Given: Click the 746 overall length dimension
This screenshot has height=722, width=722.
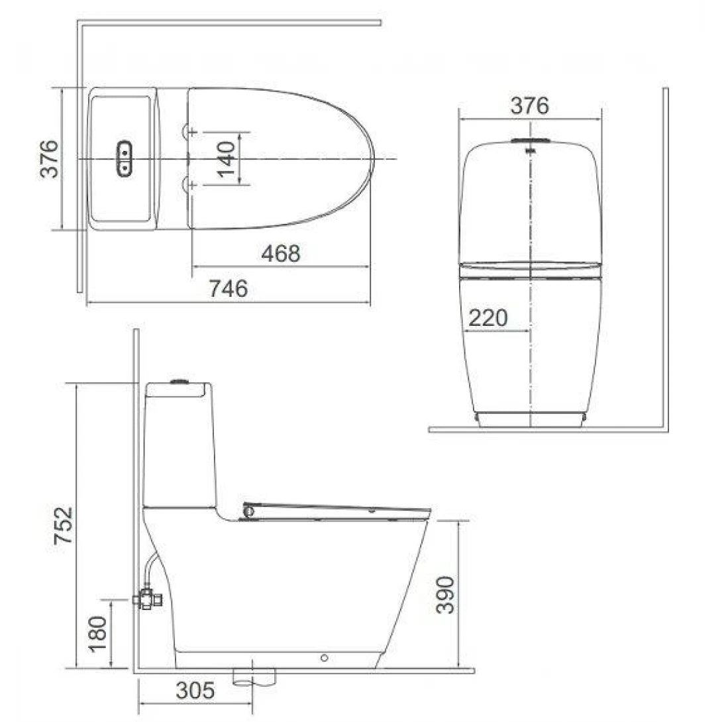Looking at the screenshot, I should point(229,289).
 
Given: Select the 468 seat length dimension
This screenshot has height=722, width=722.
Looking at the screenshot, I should point(280,253).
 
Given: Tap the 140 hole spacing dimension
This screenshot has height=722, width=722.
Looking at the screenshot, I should point(227,159).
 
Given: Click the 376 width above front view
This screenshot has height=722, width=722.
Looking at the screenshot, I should point(530,105).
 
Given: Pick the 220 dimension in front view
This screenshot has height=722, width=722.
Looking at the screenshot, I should point(488,318).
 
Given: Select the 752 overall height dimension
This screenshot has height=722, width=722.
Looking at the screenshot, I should point(63,527).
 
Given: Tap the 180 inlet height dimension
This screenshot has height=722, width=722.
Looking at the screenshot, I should point(98,635).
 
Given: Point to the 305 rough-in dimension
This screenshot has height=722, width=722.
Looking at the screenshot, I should point(195,691).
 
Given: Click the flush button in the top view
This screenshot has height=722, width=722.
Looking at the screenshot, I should point(124,159).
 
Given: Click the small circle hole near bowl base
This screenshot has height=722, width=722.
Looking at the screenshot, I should point(324,658).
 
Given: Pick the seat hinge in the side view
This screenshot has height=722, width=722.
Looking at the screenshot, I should point(249,511).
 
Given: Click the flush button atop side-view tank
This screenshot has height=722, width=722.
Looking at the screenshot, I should point(178,382).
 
